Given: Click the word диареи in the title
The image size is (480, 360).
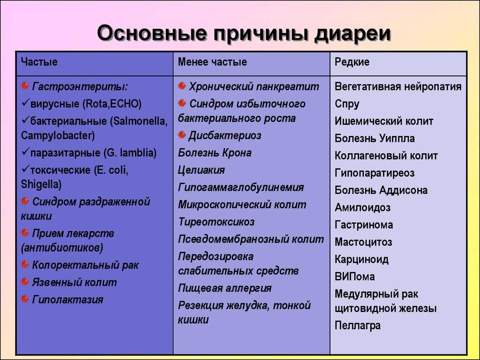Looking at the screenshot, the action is (352, 33).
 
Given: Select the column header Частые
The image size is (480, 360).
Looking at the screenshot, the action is (39, 62).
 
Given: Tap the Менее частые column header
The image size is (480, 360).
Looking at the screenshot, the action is (212, 62).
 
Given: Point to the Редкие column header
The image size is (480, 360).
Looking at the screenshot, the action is (352, 62).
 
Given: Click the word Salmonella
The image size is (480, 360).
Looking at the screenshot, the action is (140, 121).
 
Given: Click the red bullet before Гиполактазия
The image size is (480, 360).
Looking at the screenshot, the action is (25, 299).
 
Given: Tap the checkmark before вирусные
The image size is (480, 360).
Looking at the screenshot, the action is (25, 103).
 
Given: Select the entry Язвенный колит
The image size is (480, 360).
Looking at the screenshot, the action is (75, 282).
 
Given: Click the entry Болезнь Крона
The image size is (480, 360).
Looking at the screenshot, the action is (215, 153).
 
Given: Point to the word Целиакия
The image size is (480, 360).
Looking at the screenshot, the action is (202, 170).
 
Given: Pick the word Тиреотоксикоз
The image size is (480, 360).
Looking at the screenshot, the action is (216, 222).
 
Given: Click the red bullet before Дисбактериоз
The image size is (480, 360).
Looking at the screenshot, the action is (182, 135).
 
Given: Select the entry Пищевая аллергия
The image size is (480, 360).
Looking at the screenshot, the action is (225, 288).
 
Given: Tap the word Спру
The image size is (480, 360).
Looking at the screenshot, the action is (347, 104).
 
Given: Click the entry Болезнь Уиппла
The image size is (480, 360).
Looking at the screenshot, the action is (375, 138).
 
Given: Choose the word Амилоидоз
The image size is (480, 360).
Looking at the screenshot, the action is (362, 208).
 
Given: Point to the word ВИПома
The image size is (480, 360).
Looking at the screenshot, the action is (354, 277).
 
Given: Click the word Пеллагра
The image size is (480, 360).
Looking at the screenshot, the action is (358, 325).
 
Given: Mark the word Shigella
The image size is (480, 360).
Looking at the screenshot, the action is (41, 185).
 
